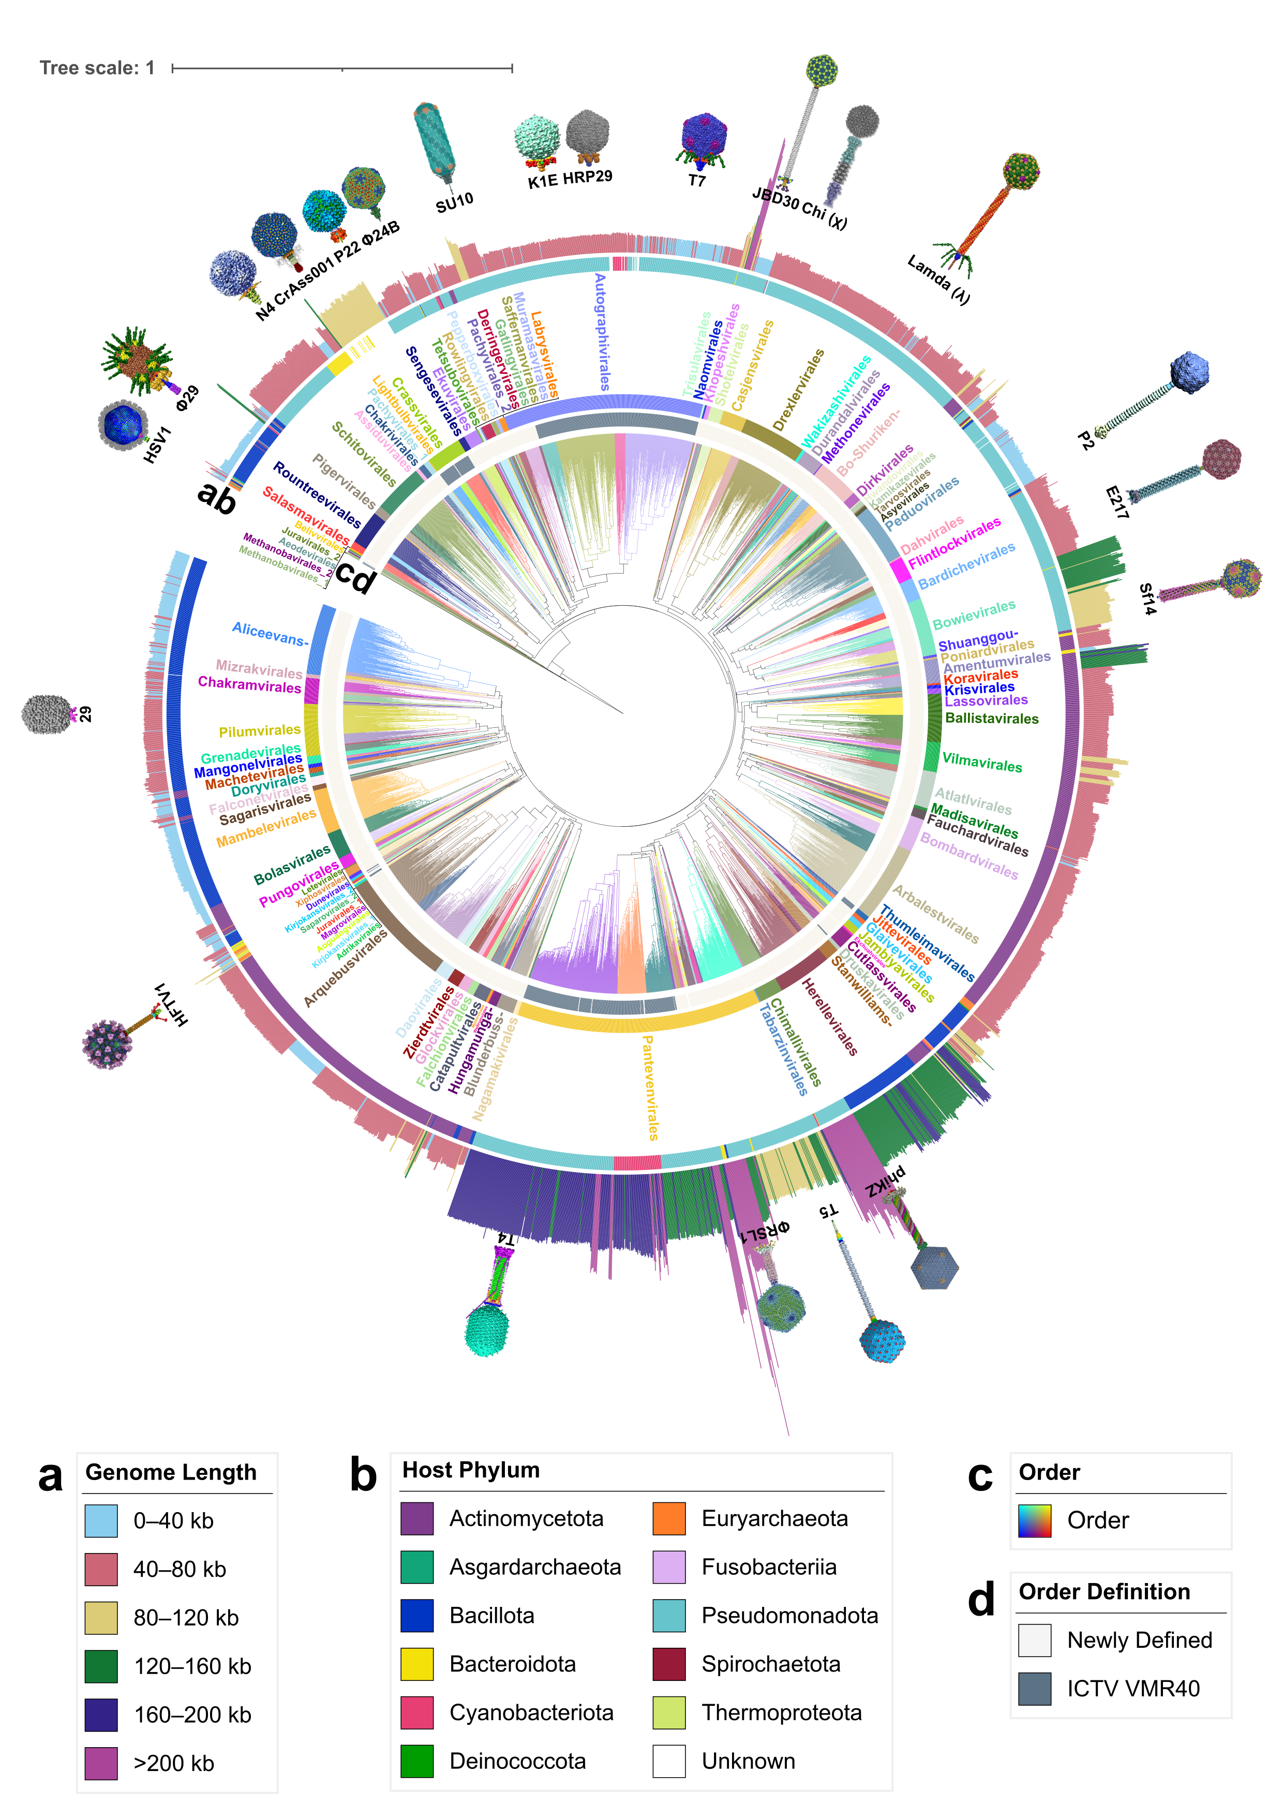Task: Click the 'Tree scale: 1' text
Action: pos(97,68)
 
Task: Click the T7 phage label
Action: pos(696,180)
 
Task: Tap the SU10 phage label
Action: pos(455,202)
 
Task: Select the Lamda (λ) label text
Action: pos(938,279)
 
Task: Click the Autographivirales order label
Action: pos(602,332)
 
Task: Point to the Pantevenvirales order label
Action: pos(649,1088)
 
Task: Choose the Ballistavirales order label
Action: pos(991,718)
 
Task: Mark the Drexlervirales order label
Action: pos(798,390)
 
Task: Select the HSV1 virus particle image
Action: pos(123,424)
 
